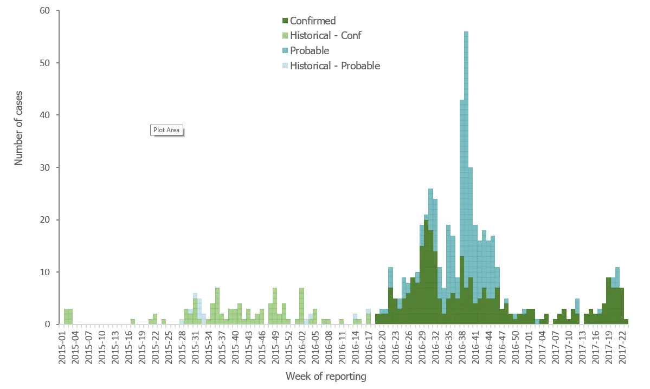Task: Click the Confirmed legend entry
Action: point(313,21)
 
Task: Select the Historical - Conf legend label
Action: point(325,36)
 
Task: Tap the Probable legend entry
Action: point(310,51)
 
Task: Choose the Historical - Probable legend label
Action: point(335,66)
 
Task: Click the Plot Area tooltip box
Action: point(166,130)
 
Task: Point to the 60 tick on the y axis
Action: point(46,11)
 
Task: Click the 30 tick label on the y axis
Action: point(46,167)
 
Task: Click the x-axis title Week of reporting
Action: point(325,376)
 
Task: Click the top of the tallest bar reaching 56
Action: point(466,33)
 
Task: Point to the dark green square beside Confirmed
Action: point(285,21)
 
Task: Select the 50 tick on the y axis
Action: point(46,63)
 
